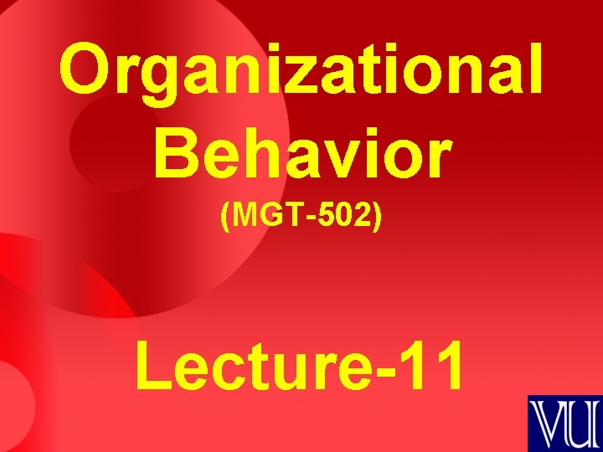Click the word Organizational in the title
pos(301,70)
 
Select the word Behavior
pos(301,155)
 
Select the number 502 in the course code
pos(348,217)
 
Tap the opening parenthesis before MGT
pos(224,218)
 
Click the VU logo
pos(564,424)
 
